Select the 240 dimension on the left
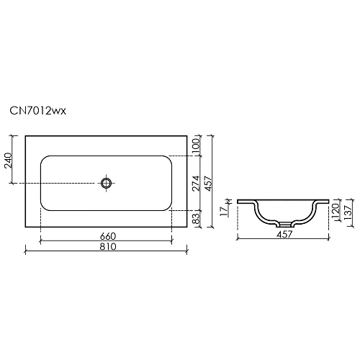point(9,159)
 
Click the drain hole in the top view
point(107,183)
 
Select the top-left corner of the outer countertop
point(26,135)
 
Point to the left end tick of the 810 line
point(26,251)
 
